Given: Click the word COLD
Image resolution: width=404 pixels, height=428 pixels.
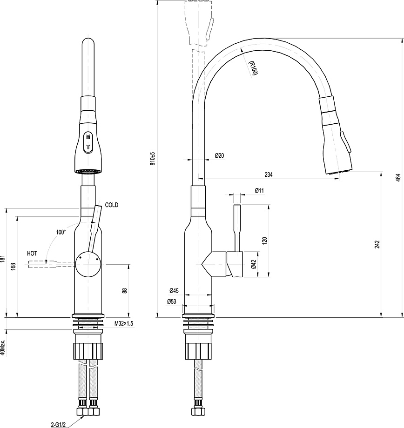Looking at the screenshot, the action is pos(112,205).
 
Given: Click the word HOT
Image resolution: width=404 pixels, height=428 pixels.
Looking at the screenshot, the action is pos(32,254).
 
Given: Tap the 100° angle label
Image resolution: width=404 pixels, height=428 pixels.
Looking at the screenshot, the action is pos(61,232).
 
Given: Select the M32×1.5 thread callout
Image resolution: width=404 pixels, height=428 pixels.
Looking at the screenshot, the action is pos(124,324).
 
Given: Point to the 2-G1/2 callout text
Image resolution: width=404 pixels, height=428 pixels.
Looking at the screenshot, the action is pos(58,425).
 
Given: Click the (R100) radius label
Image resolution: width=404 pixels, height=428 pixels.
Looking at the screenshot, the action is pos(253,68).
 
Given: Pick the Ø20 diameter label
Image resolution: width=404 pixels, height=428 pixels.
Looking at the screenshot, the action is pos(219,155).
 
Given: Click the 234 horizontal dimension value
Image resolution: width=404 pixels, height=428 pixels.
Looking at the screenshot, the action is pos(269,175).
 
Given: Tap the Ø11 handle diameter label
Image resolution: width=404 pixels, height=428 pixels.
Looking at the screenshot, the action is pos(259,191).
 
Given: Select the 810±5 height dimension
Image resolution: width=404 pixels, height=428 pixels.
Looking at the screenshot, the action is pos(153,159).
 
